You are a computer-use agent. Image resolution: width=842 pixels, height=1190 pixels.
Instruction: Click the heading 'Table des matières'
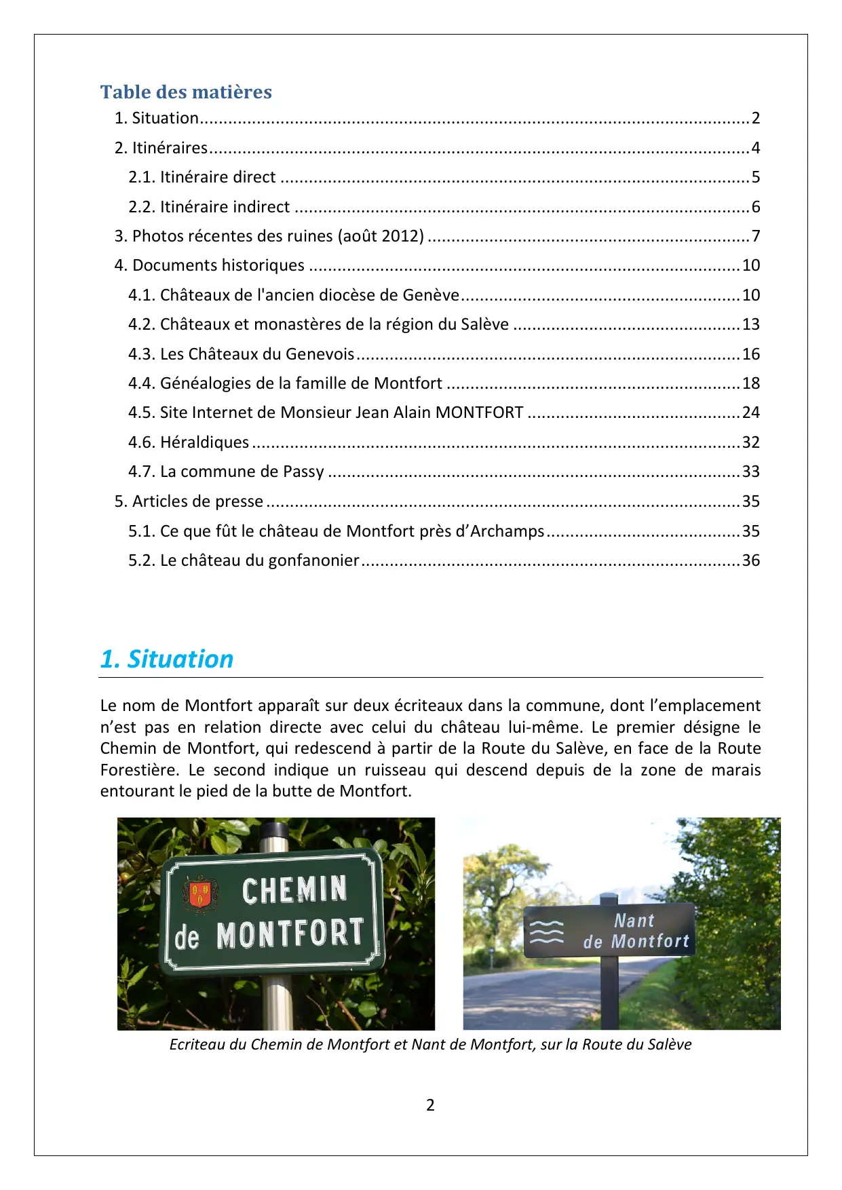(186, 92)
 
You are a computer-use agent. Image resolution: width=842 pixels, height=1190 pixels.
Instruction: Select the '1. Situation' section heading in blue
(167, 659)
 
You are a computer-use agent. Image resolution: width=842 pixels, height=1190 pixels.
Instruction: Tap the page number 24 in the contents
(750, 412)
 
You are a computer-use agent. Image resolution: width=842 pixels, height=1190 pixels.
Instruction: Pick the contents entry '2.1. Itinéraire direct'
(202, 177)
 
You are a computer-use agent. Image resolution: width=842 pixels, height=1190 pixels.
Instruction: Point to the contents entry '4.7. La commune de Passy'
(226, 472)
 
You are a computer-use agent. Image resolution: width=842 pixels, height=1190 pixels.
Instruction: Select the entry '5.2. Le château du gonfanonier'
(244, 560)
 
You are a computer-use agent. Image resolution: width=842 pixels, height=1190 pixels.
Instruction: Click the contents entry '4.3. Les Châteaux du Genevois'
(241, 354)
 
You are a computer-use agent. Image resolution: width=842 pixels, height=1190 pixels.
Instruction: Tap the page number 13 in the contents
(750, 324)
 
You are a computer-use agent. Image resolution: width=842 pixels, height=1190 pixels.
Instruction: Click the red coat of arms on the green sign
(199, 893)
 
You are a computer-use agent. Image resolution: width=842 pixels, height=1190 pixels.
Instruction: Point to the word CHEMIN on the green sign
(294, 890)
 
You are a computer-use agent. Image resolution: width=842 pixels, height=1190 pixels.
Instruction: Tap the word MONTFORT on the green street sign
(290, 934)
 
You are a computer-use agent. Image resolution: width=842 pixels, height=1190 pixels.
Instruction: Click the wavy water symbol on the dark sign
(546, 932)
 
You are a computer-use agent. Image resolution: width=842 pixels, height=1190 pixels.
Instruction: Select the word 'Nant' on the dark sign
(634, 921)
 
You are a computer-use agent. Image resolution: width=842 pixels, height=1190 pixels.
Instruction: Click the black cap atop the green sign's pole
(274, 831)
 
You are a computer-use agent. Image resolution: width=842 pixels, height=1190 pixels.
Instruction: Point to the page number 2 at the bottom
(430, 1105)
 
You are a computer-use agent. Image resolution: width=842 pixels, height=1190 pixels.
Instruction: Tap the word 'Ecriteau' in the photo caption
(197, 1044)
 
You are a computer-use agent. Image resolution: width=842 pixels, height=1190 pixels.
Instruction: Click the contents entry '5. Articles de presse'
(189, 501)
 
